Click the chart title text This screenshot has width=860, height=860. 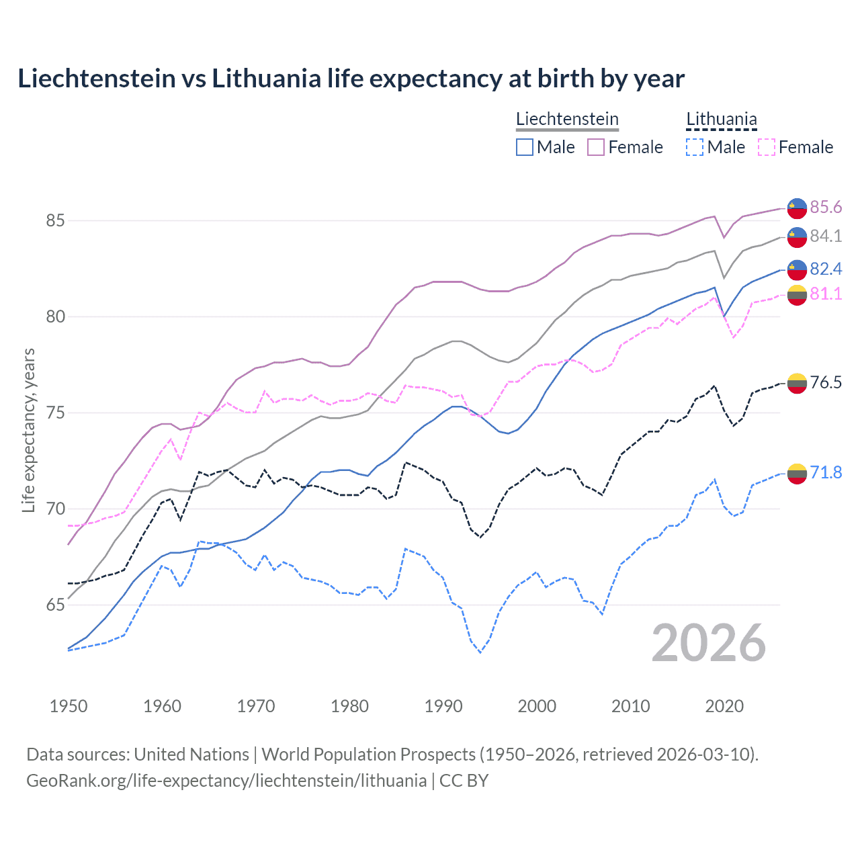point(351,79)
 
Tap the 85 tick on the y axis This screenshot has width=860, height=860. point(56,220)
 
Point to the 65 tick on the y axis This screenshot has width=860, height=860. point(56,605)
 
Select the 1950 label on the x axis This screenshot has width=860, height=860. point(69,706)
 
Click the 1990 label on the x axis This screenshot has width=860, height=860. point(443,706)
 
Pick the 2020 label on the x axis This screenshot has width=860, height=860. point(724,706)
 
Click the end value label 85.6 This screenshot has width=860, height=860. point(826,207)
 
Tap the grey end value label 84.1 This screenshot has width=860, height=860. point(826,236)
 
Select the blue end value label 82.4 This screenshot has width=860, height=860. point(826,269)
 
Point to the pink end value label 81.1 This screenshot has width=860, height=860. point(826,294)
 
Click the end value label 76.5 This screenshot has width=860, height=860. point(826,382)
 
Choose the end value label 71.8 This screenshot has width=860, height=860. point(826,472)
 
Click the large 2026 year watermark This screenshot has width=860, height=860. point(709,643)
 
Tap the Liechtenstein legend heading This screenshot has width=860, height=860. point(567,119)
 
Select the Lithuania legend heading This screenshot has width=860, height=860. point(722,119)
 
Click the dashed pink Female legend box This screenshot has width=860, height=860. point(767,147)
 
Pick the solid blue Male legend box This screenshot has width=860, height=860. point(525,147)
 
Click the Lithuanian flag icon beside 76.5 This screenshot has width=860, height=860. point(797,383)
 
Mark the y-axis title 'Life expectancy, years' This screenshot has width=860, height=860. point(28,430)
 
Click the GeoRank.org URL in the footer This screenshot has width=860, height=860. point(226,780)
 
